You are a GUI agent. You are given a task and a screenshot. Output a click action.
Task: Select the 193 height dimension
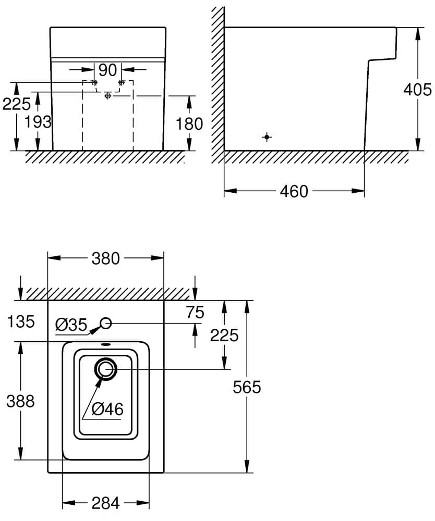tap(39, 122)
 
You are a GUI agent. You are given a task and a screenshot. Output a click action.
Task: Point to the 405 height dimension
tap(417, 90)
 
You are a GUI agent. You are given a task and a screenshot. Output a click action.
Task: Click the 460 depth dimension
tap(294, 192)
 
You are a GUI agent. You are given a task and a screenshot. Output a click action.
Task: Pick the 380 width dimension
tap(106, 258)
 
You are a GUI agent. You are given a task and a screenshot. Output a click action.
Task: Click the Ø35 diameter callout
tap(71, 325)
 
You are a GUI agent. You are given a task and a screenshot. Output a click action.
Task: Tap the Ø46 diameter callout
tap(106, 410)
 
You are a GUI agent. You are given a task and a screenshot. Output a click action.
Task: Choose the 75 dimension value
tap(195, 313)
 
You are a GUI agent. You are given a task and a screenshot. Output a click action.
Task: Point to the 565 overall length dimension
tap(246, 387)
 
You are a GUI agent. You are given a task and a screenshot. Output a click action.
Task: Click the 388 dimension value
tap(20, 401)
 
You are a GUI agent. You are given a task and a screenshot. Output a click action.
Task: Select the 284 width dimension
tap(106, 503)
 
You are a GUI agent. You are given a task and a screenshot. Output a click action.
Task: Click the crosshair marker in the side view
tap(267, 137)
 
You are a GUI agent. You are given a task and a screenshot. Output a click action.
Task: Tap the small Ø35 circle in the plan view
tap(106, 323)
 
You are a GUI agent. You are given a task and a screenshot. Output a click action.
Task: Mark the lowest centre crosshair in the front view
tap(108, 96)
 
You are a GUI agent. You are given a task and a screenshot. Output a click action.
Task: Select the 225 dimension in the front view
tap(16, 105)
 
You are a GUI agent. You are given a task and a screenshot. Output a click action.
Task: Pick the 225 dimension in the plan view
tap(224, 335)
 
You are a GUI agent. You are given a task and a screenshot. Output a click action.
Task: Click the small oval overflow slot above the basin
tap(106, 344)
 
